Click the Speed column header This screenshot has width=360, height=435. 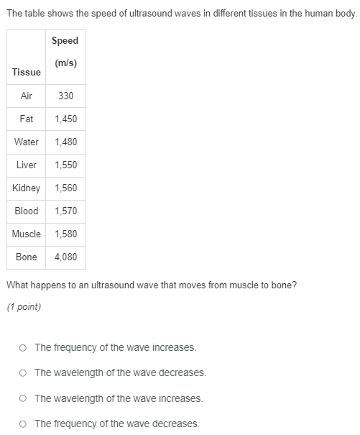[65, 52]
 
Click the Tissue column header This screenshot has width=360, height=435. [27, 72]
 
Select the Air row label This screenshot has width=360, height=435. [27, 96]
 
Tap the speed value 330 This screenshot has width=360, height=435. [65, 96]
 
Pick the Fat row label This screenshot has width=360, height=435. [27, 119]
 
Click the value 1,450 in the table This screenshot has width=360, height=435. [65, 119]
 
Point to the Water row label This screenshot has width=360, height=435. [27, 142]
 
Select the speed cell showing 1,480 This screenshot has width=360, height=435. [65, 142]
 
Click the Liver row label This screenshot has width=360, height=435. [27, 165]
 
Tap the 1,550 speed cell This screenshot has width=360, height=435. [65, 165]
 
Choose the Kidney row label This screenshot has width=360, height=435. [27, 188]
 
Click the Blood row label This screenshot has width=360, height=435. [27, 211]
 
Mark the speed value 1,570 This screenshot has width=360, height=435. [65, 211]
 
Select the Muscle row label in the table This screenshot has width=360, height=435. [27, 234]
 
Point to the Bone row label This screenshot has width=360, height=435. [27, 257]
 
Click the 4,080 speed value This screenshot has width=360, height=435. [65, 257]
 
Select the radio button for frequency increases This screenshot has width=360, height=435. [24, 348]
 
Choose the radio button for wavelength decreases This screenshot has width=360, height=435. [24, 373]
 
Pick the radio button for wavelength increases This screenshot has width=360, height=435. [24, 398]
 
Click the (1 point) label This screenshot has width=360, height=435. [24, 307]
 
